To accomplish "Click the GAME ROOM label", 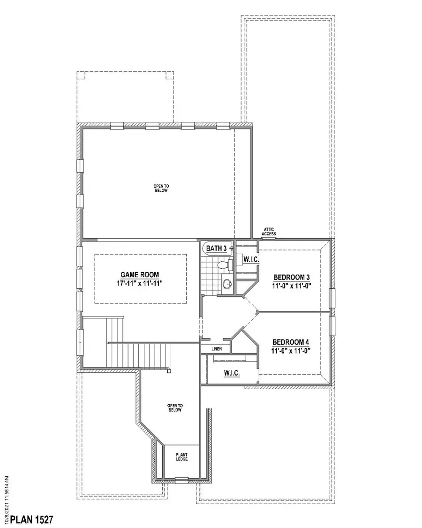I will (x=139, y=275).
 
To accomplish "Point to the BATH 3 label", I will (x=217, y=248).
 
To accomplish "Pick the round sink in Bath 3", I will (x=227, y=284).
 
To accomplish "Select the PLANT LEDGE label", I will (x=182, y=457).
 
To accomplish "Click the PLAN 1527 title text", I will (x=32, y=519).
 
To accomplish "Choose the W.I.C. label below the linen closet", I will (x=232, y=373).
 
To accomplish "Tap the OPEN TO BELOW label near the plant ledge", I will (x=174, y=407).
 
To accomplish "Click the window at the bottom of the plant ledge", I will (x=181, y=479).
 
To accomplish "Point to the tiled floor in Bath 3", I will (x=211, y=277).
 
